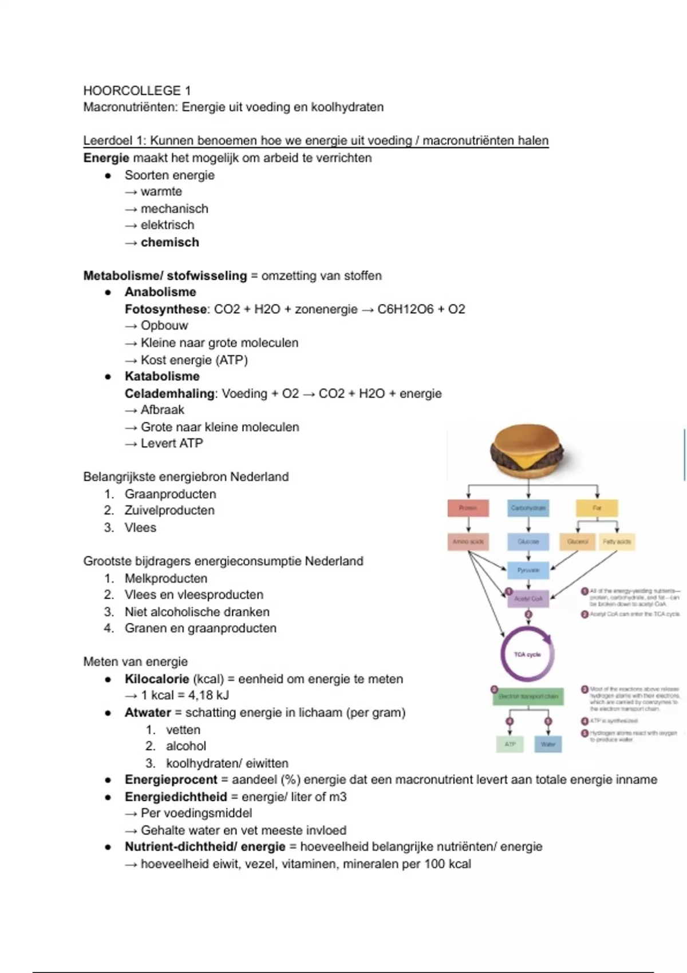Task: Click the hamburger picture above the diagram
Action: (x=528, y=450)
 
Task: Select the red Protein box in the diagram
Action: (x=468, y=508)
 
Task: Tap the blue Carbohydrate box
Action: (x=528, y=508)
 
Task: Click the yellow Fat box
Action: (x=597, y=508)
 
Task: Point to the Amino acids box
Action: (x=468, y=541)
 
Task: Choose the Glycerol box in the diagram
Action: (x=578, y=541)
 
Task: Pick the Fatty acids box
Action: (x=617, y=541)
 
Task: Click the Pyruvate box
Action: (x=528, y=570)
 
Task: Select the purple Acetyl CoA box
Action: (x=528, y=599)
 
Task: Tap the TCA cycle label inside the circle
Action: (x=527, y=654)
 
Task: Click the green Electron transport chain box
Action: (x=528, y=696)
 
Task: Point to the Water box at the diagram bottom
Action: (x=548, y=744)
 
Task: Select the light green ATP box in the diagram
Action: (x=510, y=744)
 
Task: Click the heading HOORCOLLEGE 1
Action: (x=137, y=90)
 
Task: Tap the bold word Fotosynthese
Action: (x=165, y=309)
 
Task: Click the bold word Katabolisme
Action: (x=162, y=376)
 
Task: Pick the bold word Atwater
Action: (x=148, y=713)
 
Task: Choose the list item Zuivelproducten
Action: (x=169, y=511)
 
